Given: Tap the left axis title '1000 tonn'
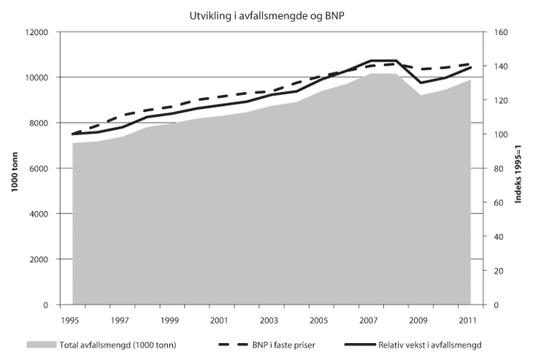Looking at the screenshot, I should (x=14, y=169).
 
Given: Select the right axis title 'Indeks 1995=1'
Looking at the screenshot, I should (x=518, y=169).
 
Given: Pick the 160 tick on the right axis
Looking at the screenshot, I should (x=500, y=32).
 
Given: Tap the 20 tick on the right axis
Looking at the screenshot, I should (x=498, y=271).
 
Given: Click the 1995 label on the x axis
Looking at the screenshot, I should (x=71, y=321).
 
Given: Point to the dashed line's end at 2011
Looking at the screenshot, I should (x=470, y=64).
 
